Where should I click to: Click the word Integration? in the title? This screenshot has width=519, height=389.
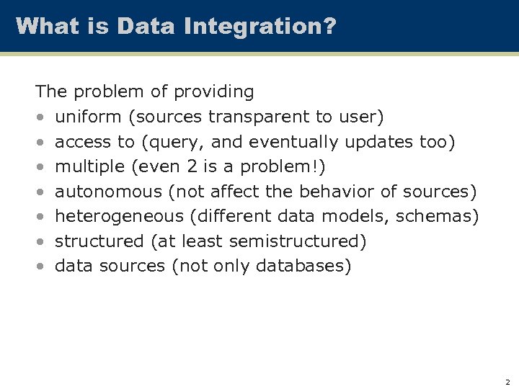point(260,27)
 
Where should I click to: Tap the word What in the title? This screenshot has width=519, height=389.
point(45,27)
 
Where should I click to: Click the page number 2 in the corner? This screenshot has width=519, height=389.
point(507,382)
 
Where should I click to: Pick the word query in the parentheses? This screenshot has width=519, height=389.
point(172,142)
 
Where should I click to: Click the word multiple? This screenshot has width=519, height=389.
point(89,167)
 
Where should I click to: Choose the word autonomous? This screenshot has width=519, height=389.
point(108,192)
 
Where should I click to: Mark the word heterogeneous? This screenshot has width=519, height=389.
point(119,216)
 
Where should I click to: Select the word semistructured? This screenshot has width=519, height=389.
point(299,241)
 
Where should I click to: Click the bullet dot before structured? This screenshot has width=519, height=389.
point(42,242)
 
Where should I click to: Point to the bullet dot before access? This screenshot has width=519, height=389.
point(42,143)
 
